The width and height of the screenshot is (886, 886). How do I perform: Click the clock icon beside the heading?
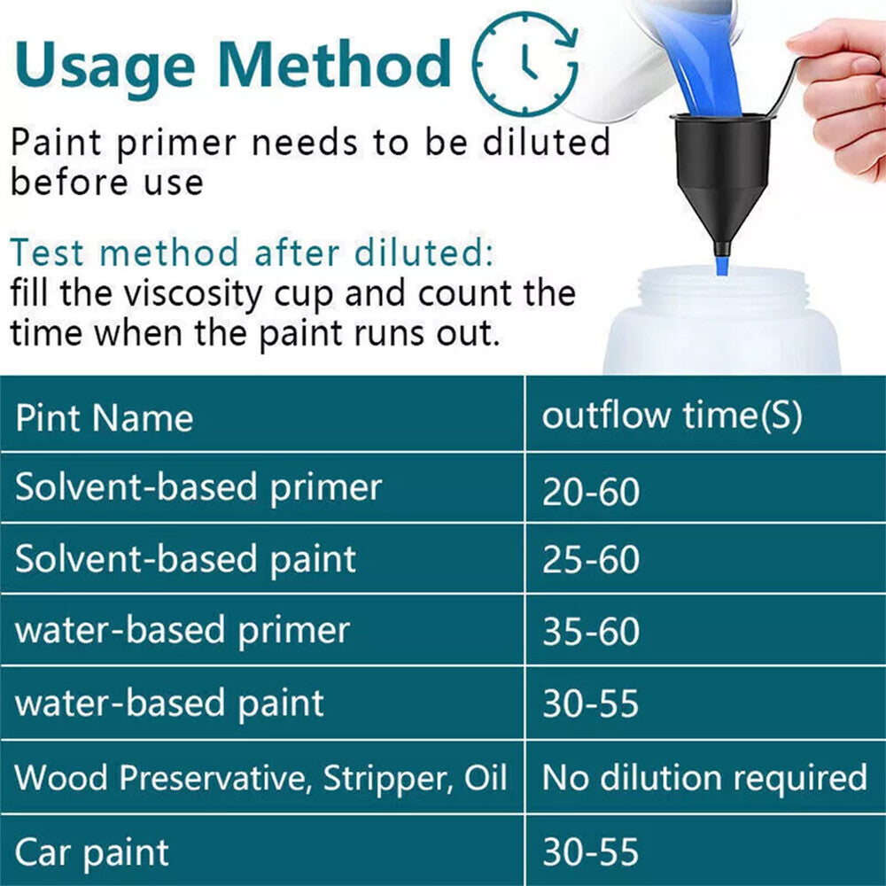(525, 63)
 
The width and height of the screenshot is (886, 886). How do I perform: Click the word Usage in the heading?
(104, 64)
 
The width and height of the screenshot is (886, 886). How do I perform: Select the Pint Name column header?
(104, 418)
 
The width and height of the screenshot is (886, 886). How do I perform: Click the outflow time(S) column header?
(672, 415)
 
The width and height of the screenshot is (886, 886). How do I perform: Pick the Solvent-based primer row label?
(198, 487)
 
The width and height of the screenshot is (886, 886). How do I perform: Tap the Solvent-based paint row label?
(186, 559)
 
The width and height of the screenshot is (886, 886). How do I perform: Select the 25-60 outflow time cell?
(590, 561)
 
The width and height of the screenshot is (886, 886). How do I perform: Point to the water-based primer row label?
(183, 631)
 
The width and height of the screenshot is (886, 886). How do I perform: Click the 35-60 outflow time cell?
(590, 633)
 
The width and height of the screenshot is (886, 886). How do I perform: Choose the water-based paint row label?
(170, 703)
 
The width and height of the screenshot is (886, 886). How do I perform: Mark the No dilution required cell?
(703, 778)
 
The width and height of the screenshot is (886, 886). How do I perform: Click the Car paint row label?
(92, 852)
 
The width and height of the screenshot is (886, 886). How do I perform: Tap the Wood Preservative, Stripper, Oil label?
(260, 778)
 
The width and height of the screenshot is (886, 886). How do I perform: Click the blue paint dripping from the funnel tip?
(722, 264)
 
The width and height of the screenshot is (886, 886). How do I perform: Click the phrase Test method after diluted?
(251, 253)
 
